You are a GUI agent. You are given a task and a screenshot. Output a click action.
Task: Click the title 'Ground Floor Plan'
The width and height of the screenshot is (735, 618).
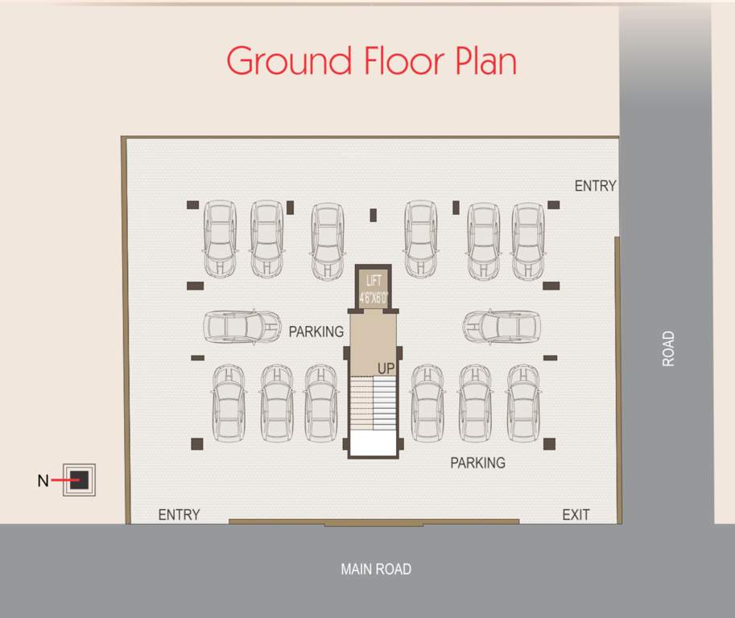pos(371,61)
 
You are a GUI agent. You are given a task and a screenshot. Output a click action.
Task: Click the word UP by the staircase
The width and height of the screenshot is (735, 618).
pos(386,368)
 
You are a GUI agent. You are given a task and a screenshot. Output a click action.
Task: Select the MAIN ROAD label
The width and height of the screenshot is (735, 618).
pos(375,569)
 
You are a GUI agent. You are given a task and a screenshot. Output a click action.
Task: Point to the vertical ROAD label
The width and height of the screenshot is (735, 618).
pos(668,349)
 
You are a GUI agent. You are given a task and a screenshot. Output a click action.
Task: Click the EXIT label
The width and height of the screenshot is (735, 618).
pos(576,515)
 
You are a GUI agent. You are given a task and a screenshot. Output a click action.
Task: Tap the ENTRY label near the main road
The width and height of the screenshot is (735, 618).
pos(179,515)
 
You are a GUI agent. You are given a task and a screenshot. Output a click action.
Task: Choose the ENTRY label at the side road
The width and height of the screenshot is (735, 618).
pos(595,186)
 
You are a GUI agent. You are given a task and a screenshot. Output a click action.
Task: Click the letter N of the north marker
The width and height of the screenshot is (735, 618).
pos(43,481)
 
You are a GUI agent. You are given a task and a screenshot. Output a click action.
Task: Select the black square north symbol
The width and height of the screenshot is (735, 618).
pos(79,480)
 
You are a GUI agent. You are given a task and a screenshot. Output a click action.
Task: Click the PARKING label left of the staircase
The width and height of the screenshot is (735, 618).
pos(316,332)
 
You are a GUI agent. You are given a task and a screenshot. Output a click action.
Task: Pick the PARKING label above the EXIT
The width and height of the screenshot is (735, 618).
pos(477,463)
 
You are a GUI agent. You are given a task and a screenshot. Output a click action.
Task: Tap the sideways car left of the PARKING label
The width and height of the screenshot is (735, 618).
pos(241,326)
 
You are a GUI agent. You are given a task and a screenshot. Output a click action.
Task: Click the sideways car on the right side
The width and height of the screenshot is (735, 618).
pos(502,326)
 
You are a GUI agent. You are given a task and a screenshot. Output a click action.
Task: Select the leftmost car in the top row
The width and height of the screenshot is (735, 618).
pos(219,239)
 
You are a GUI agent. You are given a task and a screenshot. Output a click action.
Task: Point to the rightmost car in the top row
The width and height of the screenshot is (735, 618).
pos(528,241)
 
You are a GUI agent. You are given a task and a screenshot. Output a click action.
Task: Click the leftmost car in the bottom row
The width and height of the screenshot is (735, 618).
pos(229,402)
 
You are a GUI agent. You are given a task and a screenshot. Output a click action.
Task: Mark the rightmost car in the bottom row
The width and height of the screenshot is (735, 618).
pos(522,402)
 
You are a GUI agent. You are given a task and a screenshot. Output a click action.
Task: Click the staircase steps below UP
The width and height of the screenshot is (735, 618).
pos(374,402)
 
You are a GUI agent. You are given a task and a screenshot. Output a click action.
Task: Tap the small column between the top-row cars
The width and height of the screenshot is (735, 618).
pos(373,215)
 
